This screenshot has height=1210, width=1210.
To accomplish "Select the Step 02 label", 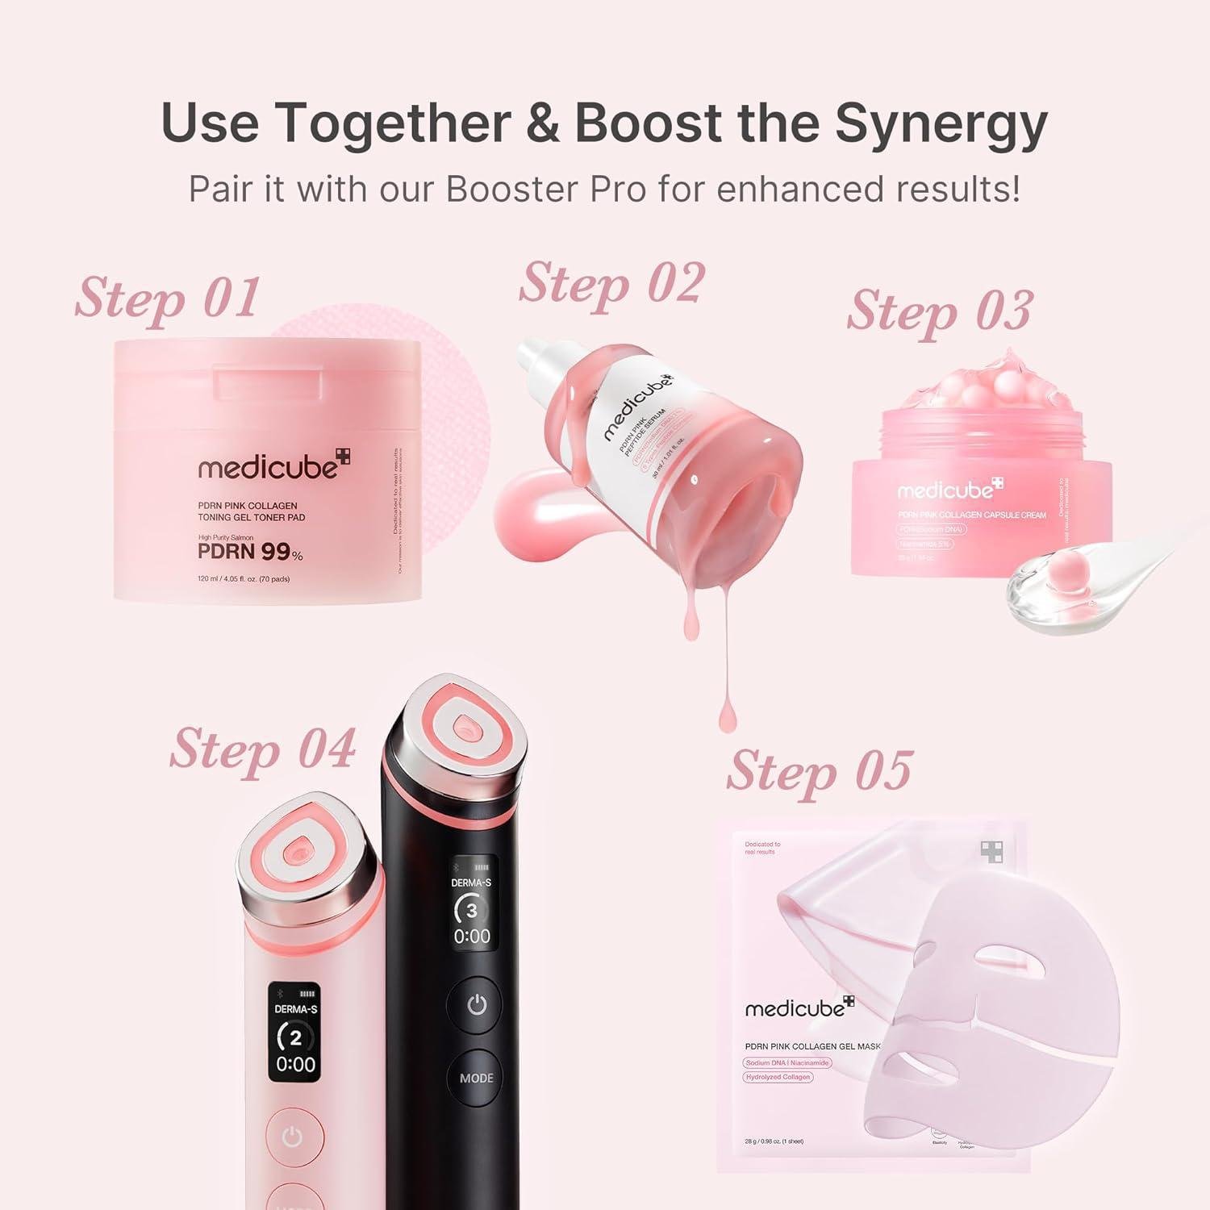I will (x=611, y=283).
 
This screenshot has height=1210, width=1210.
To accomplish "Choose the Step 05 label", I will (x=819, y=771).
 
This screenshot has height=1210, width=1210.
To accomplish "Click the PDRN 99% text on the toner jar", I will (x=250, y=553).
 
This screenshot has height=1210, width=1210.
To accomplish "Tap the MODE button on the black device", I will (x=476, y=1078).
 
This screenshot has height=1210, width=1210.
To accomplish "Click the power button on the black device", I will (x=477, y=1005).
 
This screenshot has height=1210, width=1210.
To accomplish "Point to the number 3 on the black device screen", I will (x=472, y=911).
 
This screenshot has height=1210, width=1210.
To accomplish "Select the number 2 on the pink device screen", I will (x=295, y=1037).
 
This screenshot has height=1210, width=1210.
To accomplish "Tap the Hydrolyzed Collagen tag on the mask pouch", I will (x=778, y=1077).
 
